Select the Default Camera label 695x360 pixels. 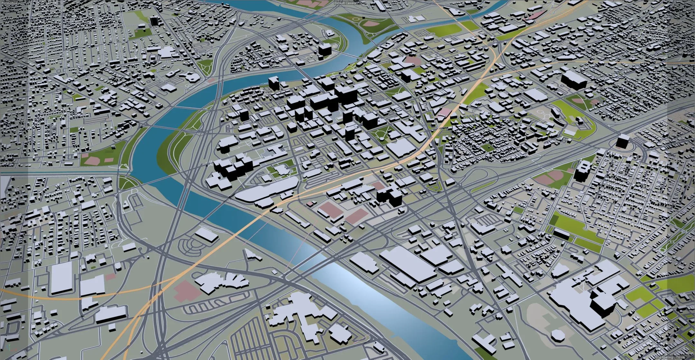[x=345, y=3]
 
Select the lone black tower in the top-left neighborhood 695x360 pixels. [x=154, y=21]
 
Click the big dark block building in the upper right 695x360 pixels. [x=573, y=80]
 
